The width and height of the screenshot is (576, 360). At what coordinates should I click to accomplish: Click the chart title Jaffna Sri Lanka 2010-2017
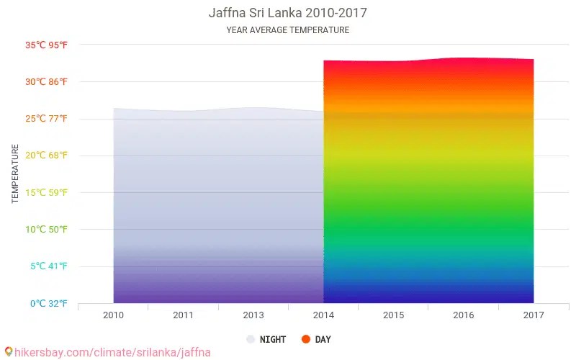pyautogui.click(x=287, y=13)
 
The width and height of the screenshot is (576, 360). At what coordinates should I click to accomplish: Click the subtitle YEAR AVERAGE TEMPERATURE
pyautogui.click(x=287, y=30)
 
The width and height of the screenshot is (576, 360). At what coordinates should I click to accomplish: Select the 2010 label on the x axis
pyautogui.click(x=113, y=315)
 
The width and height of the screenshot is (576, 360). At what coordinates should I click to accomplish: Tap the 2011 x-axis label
pyautogui.click(x=183, y=315)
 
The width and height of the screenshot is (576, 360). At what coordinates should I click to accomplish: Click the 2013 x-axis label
pyautogui.click(x=253, y=315)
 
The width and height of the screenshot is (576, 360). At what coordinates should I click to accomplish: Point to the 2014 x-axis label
pyautogui.click(x=323, y=315)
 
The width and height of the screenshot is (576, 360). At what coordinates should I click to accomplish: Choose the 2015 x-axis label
pyautogui.click(x=393, y=315)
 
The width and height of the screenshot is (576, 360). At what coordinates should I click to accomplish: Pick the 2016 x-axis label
pyautogui.click(x=463, y=315)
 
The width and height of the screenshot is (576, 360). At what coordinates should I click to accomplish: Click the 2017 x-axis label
pyautogui.click(x=534, y=315)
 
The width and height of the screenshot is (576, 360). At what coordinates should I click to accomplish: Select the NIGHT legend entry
pyautogui.click(x=266, y=339)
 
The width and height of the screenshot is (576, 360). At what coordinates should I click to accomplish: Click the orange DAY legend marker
pyautogui.click(x=306, y=339)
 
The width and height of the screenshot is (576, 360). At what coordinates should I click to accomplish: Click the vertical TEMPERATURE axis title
pyautogui.click(x=15, y=174)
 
